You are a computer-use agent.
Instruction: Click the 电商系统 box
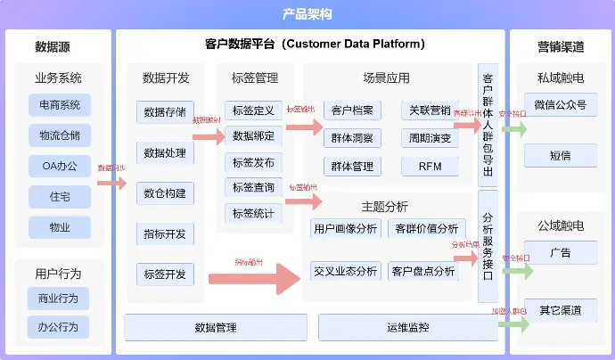60,105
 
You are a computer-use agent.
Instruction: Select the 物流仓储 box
60,135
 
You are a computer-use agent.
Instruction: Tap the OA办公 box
60,166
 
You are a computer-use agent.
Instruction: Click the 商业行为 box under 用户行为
58,298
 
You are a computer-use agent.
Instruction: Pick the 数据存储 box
165,112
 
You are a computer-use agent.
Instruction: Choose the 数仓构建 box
165,193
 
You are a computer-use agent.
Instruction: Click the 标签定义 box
253,110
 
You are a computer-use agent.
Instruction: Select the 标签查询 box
253,187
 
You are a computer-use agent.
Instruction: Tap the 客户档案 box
352,110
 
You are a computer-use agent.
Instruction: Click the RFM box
430,166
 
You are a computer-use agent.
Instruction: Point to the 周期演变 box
430,138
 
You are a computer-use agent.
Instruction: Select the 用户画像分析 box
346,228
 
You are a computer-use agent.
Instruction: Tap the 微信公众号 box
561,105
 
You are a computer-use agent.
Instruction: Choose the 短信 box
561,155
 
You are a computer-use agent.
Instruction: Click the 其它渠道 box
561,310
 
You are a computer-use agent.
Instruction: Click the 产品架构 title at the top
307,13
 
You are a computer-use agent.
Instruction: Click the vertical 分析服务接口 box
488,245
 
